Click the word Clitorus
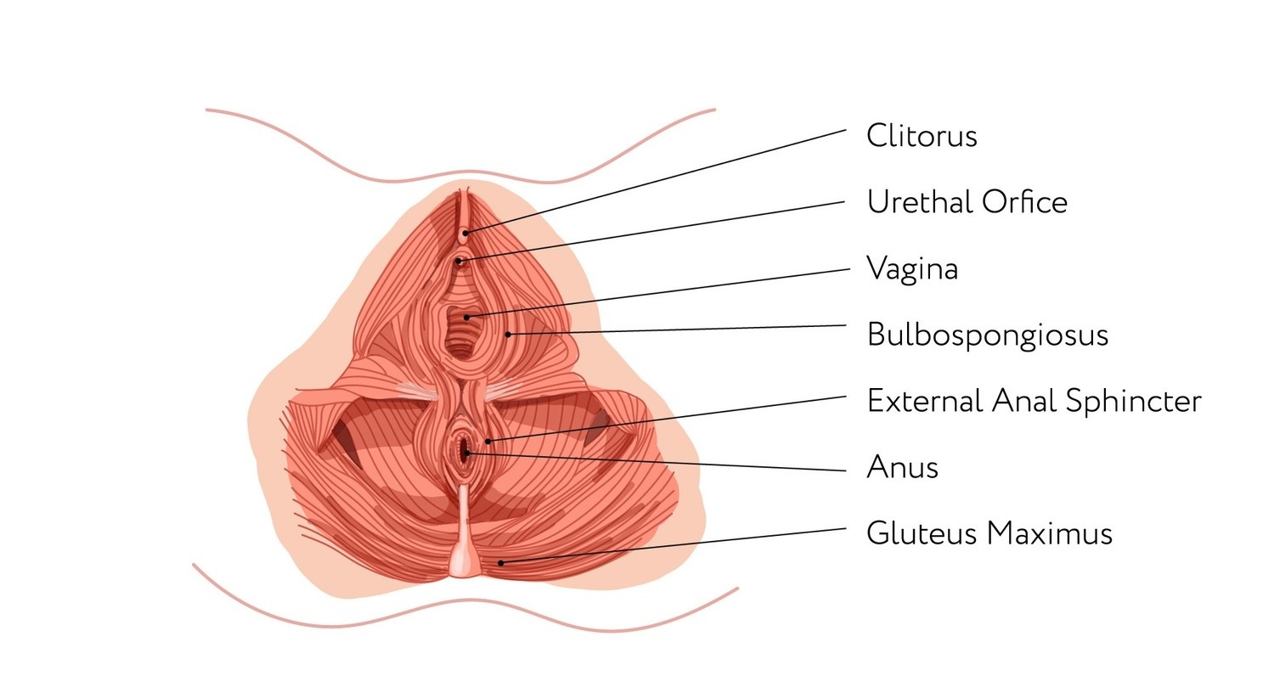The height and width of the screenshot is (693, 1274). click(x=922, y=136)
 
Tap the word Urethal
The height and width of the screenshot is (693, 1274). click(x=920, y=202)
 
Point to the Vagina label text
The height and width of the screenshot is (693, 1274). click(x=912, y=269)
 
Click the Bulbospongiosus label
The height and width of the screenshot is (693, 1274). click(x=987, y=335)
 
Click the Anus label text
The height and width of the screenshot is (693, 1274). click(x=902, y=467)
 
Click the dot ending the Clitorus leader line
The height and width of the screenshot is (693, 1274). click(x=465, y=231)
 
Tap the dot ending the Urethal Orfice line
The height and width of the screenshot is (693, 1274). click(x=459, y=261)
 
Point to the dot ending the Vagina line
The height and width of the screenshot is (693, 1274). click(x=466, y=317)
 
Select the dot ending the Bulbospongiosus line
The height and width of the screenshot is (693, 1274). click(x=508, y=334)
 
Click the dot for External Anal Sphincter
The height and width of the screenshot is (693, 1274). click(x=488, y=441)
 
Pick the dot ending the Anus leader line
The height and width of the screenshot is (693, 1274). click(x=466, y=454)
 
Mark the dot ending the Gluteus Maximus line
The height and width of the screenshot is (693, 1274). click(x=500, y=562)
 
